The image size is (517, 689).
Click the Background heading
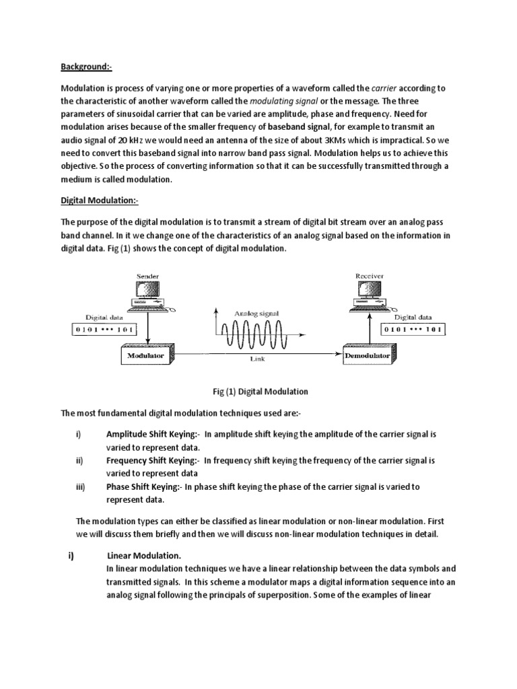click(87, 66)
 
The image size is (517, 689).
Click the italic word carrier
click(384, 88)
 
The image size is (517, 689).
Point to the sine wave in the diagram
click(257, 331)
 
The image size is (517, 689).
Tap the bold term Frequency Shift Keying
click(151, 461)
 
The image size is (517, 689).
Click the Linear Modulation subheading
click(143, 556)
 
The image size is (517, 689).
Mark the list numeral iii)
click(80, 487)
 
